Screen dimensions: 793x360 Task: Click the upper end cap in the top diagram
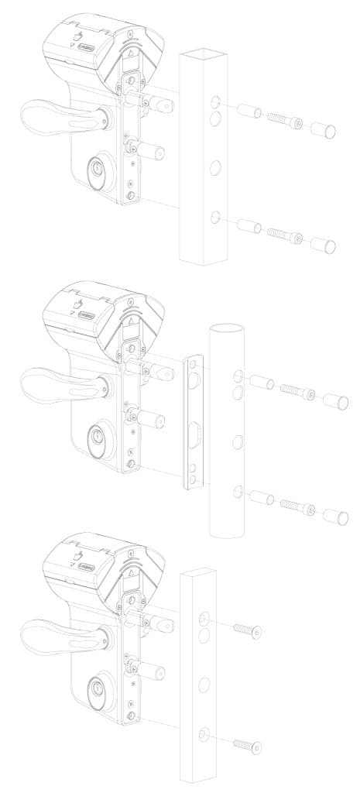tap(324, 127)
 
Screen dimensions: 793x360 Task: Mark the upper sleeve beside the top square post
tap(248, 114)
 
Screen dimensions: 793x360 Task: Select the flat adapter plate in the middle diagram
tap(192, 423)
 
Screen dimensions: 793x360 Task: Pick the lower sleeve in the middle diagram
tap(261, 496)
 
